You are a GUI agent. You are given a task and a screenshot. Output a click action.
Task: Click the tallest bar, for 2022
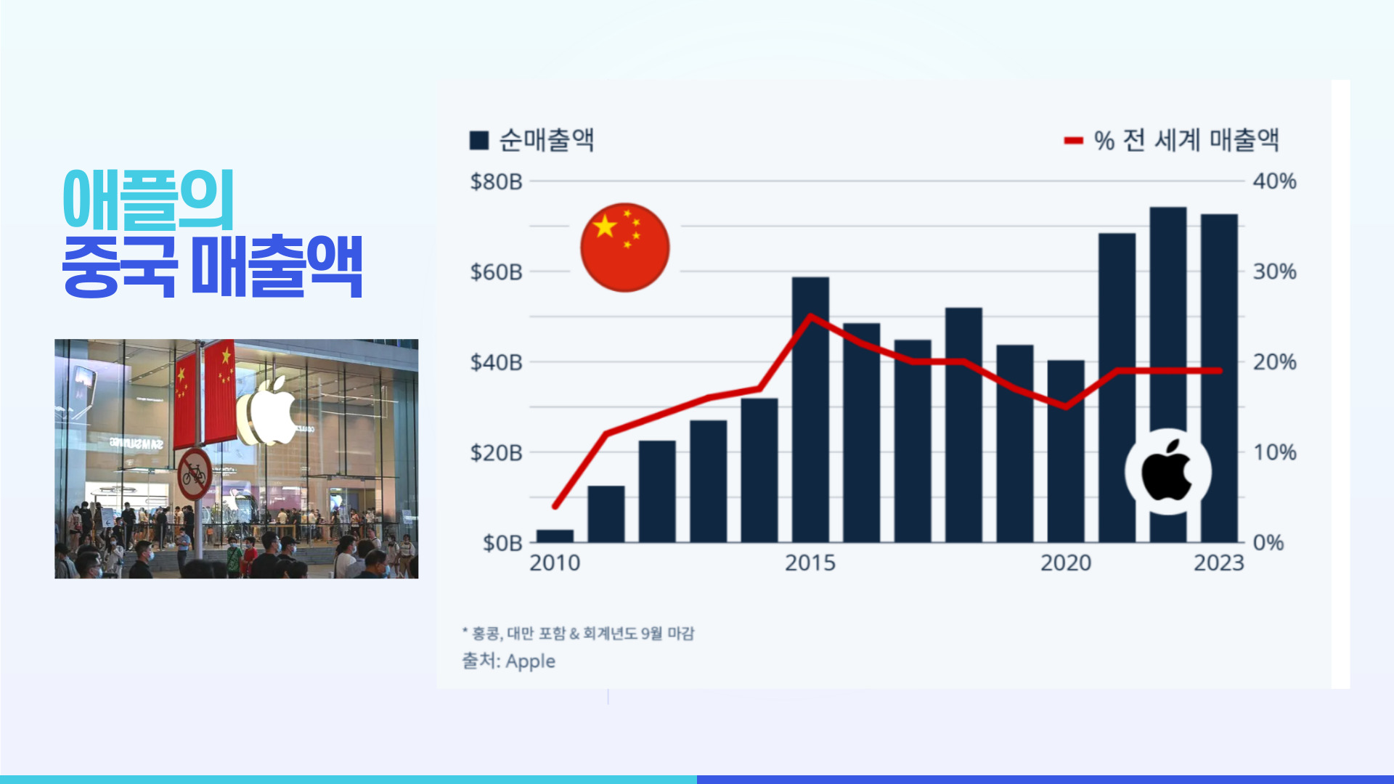click(1168, 327)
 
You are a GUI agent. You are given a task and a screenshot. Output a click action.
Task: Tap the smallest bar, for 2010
click(555, 536)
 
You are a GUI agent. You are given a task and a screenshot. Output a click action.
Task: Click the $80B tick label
click(496, 181)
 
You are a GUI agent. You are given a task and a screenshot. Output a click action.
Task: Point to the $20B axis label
click(496, 453)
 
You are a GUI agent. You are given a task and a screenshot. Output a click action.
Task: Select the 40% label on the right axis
click(1274, 181)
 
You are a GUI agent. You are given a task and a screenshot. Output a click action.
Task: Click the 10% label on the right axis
click(1274, 453)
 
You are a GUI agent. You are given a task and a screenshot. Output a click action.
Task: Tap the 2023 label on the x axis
click(1219, 563)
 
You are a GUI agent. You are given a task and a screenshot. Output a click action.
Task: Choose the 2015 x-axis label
click(810, 563)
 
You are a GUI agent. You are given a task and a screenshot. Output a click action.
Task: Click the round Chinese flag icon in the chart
click(625, 248)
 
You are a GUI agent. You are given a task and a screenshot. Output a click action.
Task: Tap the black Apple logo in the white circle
click(1167, 471)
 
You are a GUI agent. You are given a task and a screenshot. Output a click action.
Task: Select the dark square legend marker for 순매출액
click(479, 140)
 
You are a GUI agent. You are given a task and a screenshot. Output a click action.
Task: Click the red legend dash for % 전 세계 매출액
click(1073, 141)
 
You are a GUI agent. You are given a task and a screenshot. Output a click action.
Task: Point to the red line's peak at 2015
click(810, 316)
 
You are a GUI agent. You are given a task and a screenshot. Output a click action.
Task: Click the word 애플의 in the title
click(149, 200)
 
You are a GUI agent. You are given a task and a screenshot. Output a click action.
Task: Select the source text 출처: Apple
click(509, 661)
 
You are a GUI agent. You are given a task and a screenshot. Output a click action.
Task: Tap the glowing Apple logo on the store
click(269, 411)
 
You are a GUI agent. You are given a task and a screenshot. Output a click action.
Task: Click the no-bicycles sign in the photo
click(194, 475)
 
